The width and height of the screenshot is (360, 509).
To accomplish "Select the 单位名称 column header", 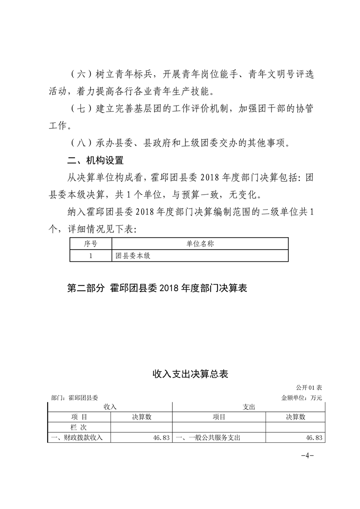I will [200, 244].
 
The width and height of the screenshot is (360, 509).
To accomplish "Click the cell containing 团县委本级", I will [132, 255].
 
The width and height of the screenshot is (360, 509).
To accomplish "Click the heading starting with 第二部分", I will [157, 288].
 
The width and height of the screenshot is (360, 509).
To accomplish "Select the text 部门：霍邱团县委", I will [75, 397].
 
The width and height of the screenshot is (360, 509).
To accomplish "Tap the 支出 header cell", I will [249, 407].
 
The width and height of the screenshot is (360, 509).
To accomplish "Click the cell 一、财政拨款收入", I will [78, 437].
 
